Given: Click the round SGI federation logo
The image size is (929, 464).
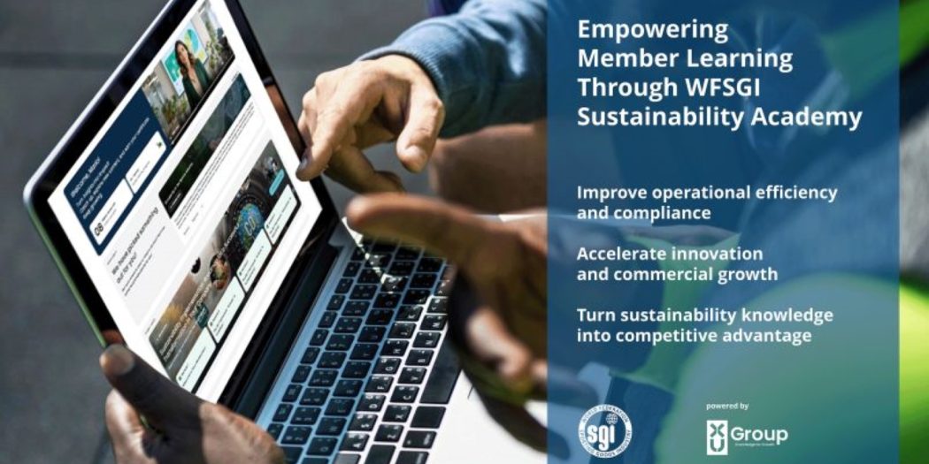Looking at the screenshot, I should (605, 430).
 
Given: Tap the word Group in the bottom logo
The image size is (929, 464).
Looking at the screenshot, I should (760, 435).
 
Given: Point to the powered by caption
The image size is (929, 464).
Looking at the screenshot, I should (727, 406).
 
